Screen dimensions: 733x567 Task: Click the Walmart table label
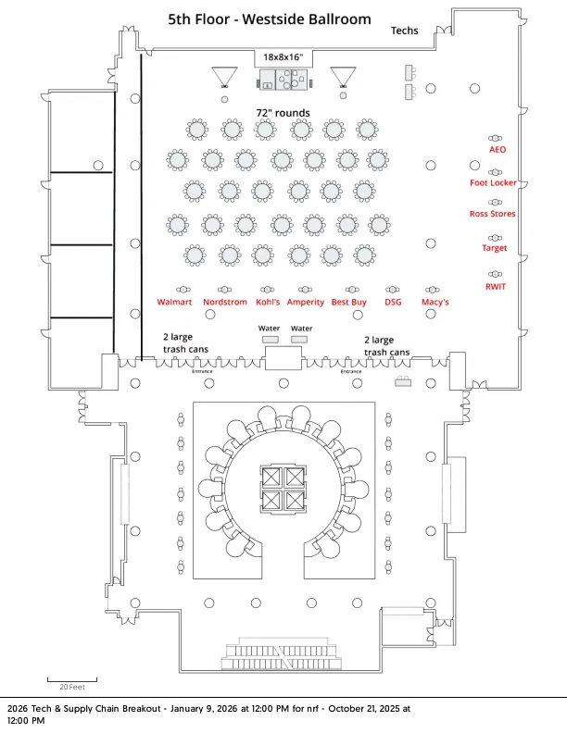point(174,302)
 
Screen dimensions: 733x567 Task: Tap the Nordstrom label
point(225,302)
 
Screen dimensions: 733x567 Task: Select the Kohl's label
point(269,302)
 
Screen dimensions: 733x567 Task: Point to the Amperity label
point(306,302)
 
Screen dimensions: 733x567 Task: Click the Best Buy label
point(349,302)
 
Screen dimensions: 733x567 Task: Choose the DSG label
point(393,302)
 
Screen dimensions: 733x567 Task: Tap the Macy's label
point(435,302)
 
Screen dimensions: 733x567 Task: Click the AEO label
point(498,149)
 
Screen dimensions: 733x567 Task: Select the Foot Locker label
point(493,183)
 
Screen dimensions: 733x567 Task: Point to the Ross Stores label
point(493,214)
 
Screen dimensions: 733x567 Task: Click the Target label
point(495,248)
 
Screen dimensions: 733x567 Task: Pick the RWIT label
point(496,286)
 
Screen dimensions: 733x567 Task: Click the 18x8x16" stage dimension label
point(283,57)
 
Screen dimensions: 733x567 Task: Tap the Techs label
point(404,31)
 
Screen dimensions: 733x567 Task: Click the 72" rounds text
point(283,113)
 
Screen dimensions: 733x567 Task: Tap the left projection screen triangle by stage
point(223,75)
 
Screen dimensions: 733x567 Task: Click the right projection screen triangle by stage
point(344,73)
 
